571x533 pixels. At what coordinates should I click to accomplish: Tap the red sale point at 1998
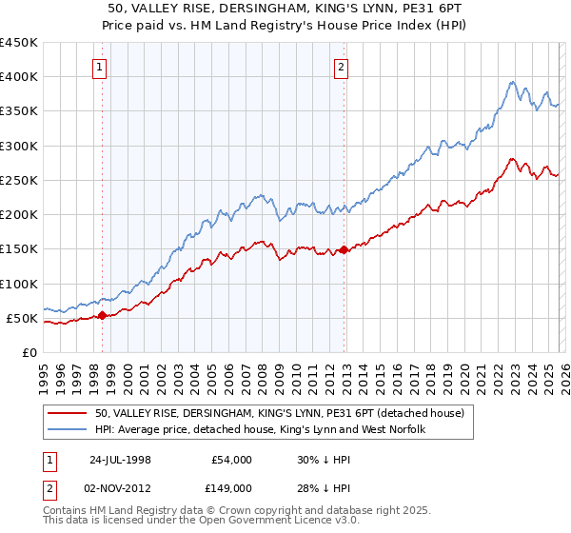(103, 315)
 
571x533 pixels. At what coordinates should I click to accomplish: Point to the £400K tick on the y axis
(19, 77)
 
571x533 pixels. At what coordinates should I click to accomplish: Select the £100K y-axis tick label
(19, 284)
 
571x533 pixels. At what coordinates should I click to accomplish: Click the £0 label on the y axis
(30, 352)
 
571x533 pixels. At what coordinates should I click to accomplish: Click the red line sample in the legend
(69, 413)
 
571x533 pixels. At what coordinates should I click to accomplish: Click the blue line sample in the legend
(69, 430)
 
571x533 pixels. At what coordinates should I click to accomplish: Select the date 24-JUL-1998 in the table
(123, 460)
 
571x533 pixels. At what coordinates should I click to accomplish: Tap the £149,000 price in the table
(231, 488)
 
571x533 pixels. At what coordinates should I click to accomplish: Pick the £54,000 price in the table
(231, 460)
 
